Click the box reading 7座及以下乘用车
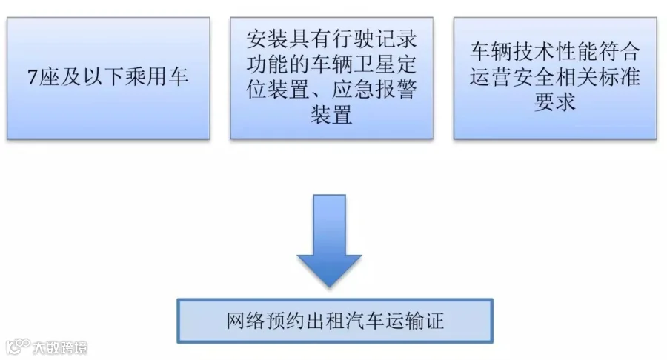coord(108,79)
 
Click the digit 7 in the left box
coord(33,77)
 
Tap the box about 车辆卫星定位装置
coord(332,79)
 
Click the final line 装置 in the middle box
coord(332,115)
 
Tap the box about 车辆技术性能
coord(555,79)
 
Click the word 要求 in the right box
coord(555,102)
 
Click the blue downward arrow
coord(329,241)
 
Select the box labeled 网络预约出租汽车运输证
coord(335,321)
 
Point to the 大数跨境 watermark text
coord(60,348)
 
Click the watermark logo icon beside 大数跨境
coord(18,347)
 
